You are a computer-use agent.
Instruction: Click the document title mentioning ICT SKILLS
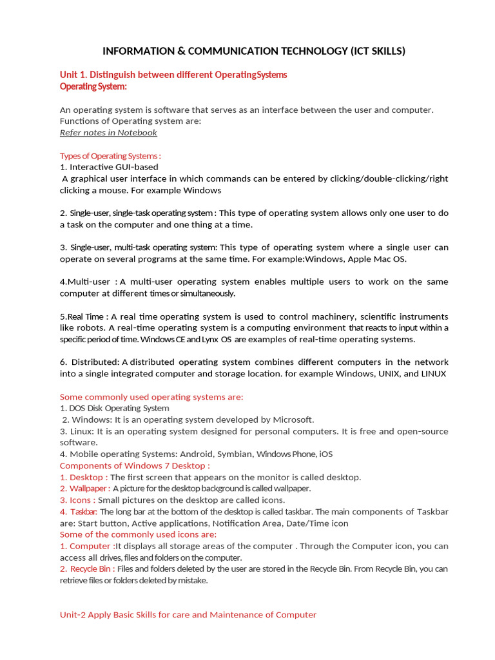255,52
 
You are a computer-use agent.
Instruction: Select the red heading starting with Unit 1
173,75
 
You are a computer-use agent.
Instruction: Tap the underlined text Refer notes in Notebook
108,133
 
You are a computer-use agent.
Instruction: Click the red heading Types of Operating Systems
110,156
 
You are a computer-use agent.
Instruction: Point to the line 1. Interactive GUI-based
109,167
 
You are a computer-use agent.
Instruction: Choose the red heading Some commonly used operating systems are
151,397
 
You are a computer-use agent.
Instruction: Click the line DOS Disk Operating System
115,408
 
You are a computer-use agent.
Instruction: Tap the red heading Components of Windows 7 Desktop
135,465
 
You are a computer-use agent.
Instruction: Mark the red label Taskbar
79,512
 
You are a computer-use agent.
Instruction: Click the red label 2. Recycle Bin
88,569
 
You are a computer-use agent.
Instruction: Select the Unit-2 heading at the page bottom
188,615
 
